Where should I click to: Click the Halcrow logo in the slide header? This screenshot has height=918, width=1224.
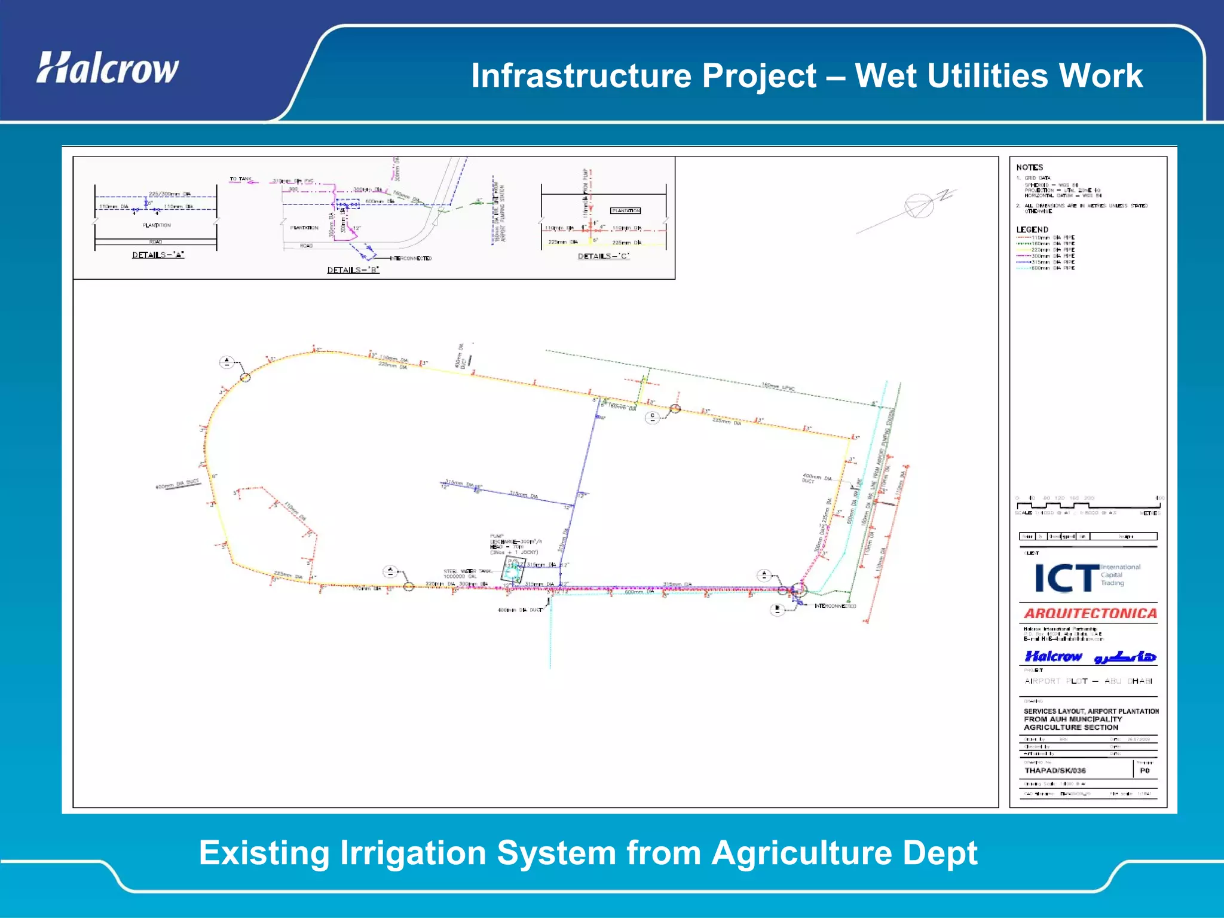108,68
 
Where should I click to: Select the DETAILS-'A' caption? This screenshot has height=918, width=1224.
158,255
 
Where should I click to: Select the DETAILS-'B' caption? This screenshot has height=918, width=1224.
353,270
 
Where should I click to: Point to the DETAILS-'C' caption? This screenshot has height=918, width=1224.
604,256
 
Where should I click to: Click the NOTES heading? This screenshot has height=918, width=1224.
1029,167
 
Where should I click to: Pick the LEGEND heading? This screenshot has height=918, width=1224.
1032,229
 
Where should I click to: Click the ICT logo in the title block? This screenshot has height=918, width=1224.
1067,577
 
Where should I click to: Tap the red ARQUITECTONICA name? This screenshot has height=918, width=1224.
1090,613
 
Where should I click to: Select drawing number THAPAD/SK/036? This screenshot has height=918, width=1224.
1055,770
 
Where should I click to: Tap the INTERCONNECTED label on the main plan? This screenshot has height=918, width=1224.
835,606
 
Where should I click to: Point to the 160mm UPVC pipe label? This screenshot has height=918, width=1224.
778,387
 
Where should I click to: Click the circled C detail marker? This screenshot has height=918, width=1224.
652,417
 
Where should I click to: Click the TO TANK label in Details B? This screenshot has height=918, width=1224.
241,179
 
